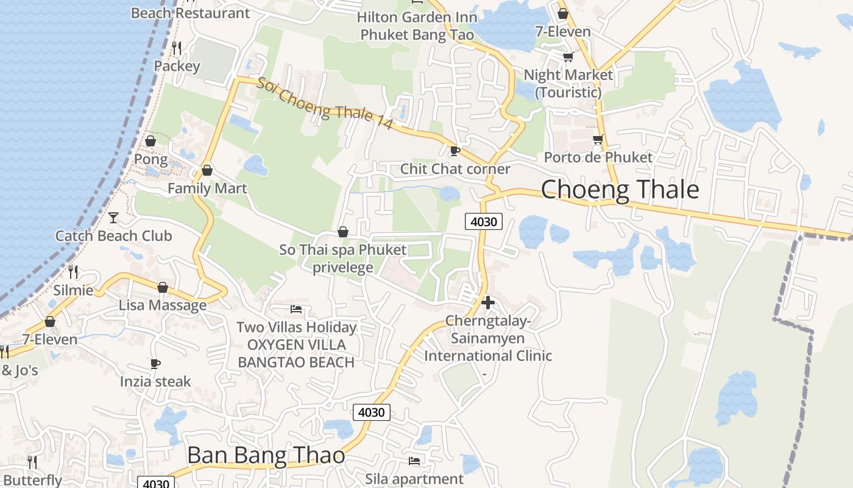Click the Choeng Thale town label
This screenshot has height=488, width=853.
click(x=620, y=190)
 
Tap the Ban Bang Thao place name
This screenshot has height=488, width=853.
click(x=266, y=455)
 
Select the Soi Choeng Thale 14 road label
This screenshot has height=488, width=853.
click(x=324, y=102)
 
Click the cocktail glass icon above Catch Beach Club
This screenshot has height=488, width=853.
click(x=113, y=217)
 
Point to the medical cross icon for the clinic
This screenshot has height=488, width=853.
click(x=487, y=302)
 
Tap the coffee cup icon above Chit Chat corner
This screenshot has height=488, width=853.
click(x=455, y=151)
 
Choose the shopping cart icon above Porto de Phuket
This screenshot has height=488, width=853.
click(x=598, y=140)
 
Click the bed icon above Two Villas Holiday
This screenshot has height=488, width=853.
click(x=296, y=309)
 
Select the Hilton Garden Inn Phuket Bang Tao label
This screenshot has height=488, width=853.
click(x=417, y=26)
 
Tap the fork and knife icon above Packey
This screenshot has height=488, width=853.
click(x=177, y=48)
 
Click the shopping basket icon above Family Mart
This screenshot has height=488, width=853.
click(x=207, y=170)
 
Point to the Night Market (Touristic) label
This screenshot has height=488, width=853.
click(x=568, y=84)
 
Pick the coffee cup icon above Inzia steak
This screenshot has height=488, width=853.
click(x=155, y=364)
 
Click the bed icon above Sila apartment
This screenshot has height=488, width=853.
click(x=414, y=461)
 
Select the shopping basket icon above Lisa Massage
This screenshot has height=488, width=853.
click(x=163, y=287)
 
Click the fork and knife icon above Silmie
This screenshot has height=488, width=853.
click(x=73, y=271)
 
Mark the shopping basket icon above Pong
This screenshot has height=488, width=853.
click(x=150, y=142)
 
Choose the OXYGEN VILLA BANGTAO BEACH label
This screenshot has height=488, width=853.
click(x=296, y=354)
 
